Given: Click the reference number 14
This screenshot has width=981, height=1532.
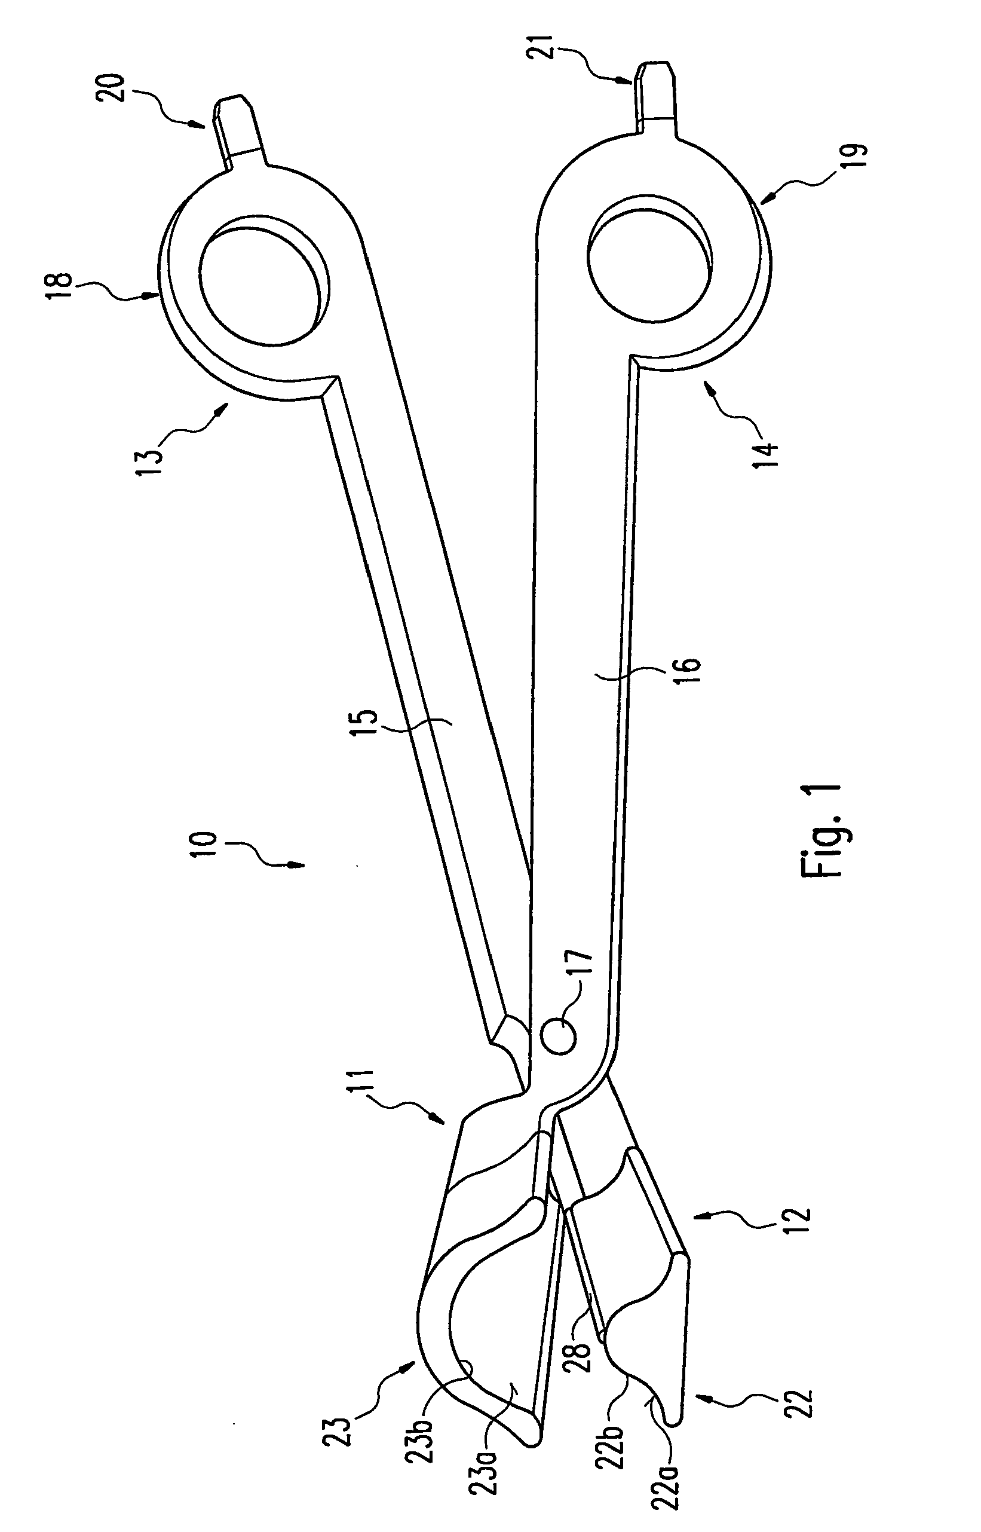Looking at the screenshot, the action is [768, 447].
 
